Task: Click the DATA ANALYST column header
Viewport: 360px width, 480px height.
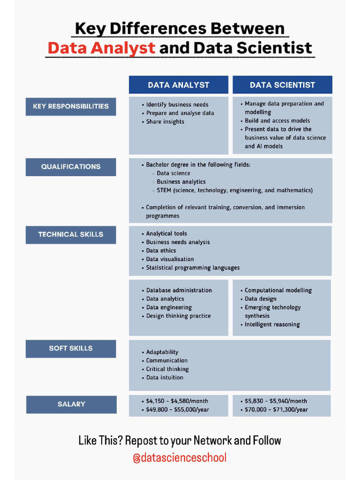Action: [179, 85]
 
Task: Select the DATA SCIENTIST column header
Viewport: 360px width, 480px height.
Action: [282, 85]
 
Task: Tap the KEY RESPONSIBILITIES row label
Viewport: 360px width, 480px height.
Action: [71, 106]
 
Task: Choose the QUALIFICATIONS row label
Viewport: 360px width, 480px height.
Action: [71, 166]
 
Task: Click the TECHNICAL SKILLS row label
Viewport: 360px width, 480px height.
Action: [71, 234]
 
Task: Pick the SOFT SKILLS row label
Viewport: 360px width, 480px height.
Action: [71, 348]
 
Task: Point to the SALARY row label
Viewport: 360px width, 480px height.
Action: [71, 404]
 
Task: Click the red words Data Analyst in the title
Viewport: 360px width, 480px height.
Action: [101, 48]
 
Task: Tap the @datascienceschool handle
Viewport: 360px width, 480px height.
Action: [180, 458]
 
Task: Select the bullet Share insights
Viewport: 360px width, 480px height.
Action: [165, 122]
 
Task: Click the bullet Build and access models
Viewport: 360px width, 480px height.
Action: [277, 121]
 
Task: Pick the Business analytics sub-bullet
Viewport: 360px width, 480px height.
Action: [181, 182]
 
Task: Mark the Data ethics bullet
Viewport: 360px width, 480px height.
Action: [161, 251]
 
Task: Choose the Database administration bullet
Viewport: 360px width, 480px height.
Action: [179, 291]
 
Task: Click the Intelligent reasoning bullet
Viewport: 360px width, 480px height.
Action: [272, 324]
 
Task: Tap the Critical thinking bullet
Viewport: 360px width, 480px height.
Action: [167, 369]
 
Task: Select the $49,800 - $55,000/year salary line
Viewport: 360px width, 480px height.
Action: [177, 410]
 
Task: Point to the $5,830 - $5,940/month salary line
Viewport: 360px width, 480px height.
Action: [276, 401]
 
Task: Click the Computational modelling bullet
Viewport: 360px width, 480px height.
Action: [278, 291]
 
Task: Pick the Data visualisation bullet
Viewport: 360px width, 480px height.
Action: [170, 259]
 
